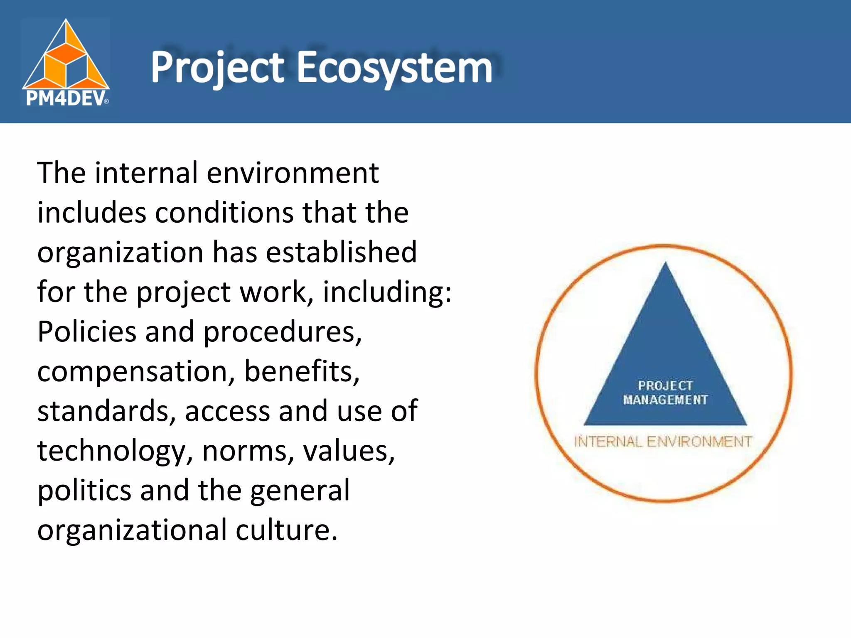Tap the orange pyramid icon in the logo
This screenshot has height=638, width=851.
pos(66,56)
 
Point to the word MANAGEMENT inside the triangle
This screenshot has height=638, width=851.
pos(665,400)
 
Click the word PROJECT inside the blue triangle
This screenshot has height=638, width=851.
pos(665,385)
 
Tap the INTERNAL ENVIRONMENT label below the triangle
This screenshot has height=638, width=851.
pos(663,442)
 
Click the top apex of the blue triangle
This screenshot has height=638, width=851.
pos(665,265)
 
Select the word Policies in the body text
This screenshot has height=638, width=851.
pos(87,332)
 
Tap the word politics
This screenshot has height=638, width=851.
pos(84,491)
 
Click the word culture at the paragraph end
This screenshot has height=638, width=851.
pos(286,531)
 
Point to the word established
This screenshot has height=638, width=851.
pos(341,253)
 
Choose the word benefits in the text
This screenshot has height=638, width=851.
pos(301,372)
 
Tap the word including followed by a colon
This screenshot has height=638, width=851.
pos(386,292)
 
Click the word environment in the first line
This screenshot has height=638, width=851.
pos(293,173)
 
